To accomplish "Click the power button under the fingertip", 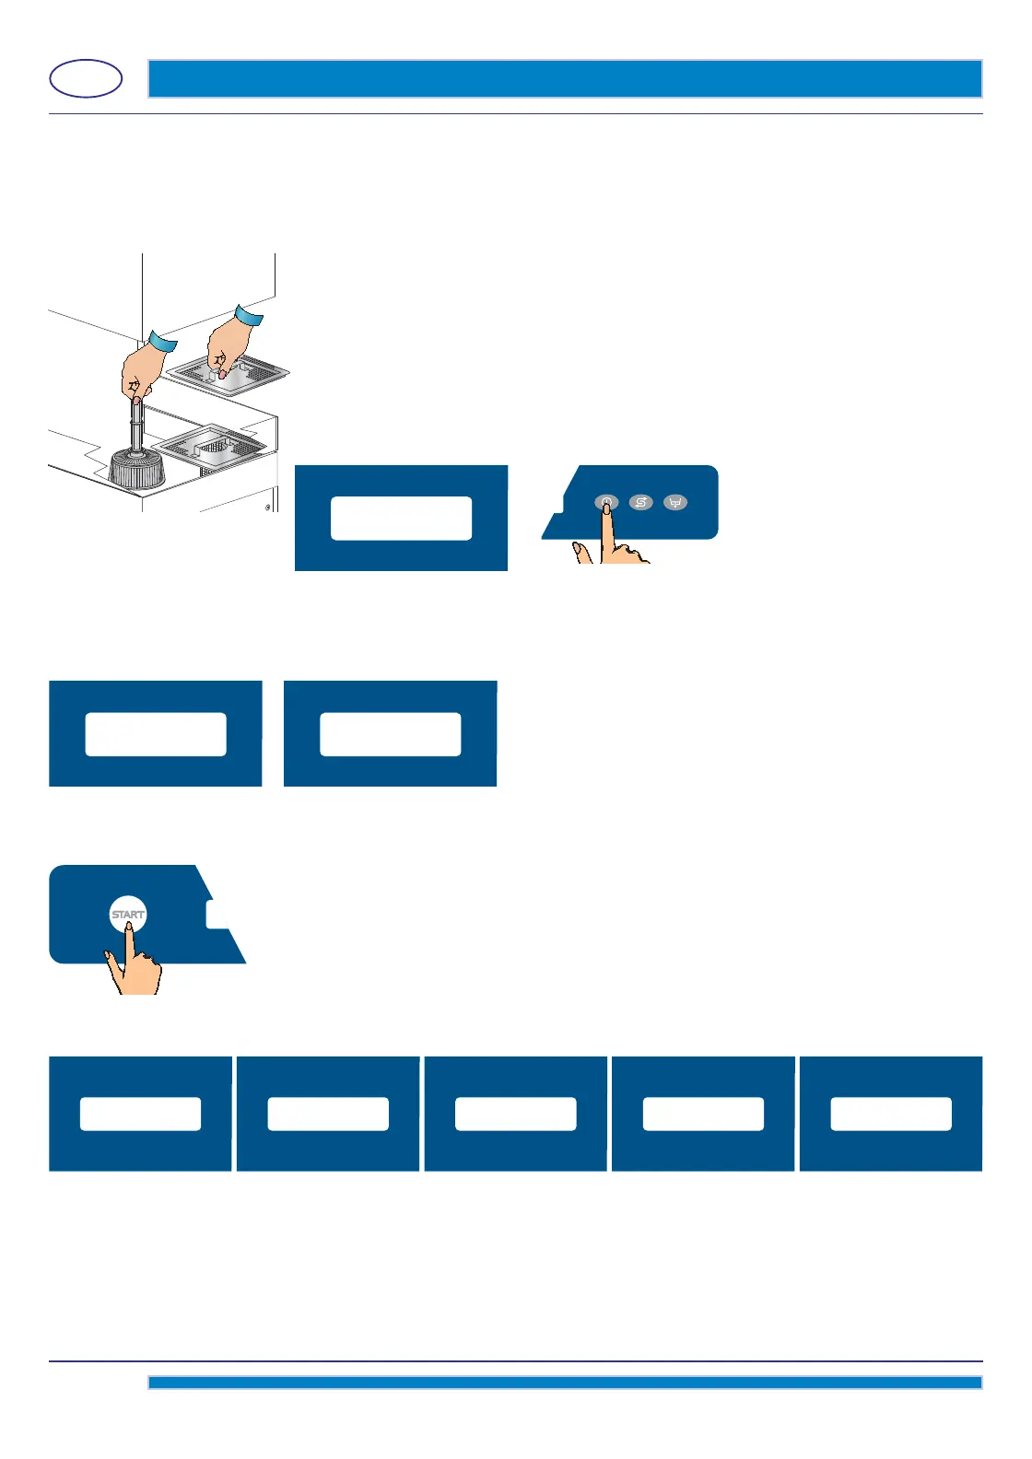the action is point(605,503).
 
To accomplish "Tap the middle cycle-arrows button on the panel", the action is point(640,502).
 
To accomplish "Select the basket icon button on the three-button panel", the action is point(675,503).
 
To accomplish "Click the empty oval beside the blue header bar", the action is point(86,79).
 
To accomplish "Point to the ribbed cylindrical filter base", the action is point(136,469).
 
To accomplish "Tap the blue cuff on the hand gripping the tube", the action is point(162,343).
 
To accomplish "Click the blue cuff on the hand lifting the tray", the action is point(249,316).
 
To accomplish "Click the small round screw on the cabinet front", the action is point(268,507).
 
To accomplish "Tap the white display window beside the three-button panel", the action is point(401,518).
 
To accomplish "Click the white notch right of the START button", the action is point(217,914).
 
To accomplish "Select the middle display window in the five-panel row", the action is point(515,1114).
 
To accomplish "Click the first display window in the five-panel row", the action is point(140,1114).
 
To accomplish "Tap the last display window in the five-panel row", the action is point(891,1114).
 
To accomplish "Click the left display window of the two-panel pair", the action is point(156,734).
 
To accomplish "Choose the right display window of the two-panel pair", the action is point(391,734).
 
